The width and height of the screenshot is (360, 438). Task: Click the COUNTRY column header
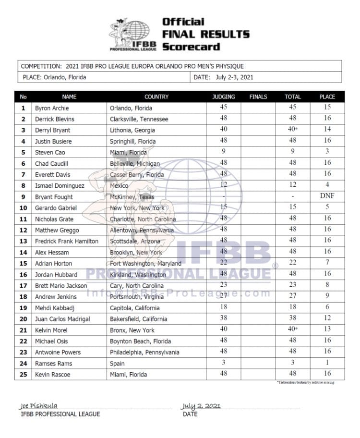click(x=156, y=97)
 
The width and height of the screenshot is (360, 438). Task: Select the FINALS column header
click(x=258, y=97)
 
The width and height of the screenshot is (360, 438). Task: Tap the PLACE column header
click(x=327, y=97)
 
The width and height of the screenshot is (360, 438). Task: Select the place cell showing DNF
click(x=327, y=196)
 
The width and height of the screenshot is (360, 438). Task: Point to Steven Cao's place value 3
click(x=327, y=152)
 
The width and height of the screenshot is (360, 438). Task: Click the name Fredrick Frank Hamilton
click(x=67, y=241)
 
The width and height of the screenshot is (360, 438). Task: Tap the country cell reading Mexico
click(x=120, y=185)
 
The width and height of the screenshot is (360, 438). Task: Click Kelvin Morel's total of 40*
click(x=293, y=330)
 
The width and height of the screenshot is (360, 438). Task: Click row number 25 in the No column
click(x=23, y=375)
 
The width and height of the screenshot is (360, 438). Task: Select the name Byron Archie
click(x=52, y=108)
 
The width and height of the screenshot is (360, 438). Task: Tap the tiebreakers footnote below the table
click(x=305, y=382)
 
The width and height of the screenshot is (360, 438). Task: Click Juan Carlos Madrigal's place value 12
click(x=327, y=319)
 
